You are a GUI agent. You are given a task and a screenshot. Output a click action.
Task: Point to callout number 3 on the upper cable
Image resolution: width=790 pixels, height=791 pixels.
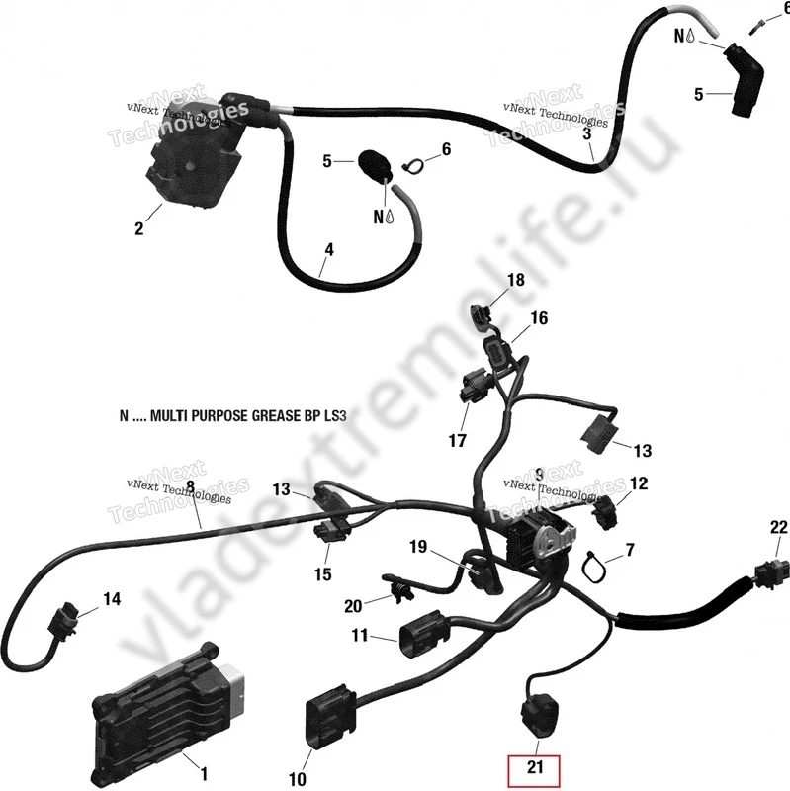pyautogui.click(x=587, y=133)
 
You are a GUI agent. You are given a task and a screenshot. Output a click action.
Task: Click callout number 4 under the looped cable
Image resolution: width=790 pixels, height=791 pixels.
pyautogui.click(x=328, y=251)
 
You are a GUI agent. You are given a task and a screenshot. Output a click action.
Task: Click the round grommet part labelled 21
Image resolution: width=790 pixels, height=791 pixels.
pyautogui.click(x=538, y=715)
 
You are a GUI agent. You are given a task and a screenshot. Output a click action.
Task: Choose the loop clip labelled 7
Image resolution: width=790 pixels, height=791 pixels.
pyautogui.click(x=596, y=563)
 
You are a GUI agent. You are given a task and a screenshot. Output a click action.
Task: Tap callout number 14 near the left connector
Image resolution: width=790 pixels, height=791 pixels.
pyautogui.click(x=111, y=598)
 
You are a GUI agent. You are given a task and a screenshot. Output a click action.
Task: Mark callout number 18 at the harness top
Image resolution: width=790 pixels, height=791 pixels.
pyautogui.click(x=516, y=281)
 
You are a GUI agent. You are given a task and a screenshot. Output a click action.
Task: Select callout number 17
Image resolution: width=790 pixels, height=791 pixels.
pyautogui.click(x=456, y=441)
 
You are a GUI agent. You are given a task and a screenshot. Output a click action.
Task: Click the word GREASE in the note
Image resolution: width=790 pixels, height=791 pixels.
pyautogui.click(x=254, y=418)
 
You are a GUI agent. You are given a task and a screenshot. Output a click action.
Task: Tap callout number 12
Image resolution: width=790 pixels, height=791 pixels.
pyautogui.click(x=639, y=483)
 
